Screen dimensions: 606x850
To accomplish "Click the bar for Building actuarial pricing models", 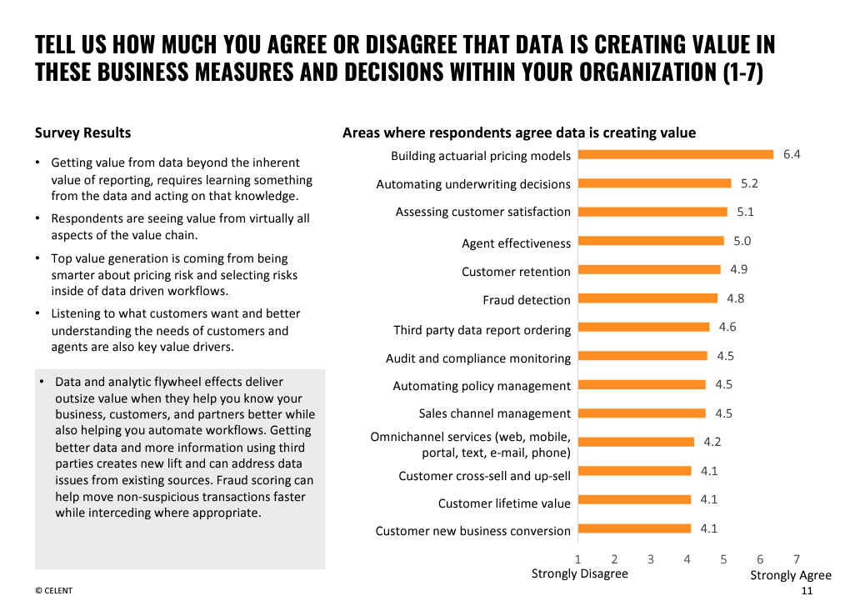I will pos(676,154).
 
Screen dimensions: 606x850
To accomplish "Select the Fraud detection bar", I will pos(647,298).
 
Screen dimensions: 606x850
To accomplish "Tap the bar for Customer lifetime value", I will pos(634,499).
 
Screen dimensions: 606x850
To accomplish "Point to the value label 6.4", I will pos(792,154).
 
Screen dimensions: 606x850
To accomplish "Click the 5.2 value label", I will pos(749,183).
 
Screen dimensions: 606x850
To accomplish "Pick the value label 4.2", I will pos(712,442).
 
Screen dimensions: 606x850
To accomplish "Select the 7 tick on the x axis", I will pos(797,559).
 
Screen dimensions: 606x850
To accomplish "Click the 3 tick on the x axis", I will pos(651,559).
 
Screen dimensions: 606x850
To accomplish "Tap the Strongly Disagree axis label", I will pos(580,573).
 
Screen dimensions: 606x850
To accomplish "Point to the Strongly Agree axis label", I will pos(791,575).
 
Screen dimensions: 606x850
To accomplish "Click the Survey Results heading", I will pos(82,133).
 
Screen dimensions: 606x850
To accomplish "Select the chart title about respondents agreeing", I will pos(518,133).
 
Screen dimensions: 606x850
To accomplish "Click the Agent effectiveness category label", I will pos(516,243).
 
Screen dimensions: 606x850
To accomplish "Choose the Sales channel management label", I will pos(494,413).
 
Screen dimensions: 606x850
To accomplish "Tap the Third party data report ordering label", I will pos(482,330).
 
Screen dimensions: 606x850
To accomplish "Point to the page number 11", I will pos(806,591).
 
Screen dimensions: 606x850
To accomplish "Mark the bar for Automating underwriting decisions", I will pos(654,183).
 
